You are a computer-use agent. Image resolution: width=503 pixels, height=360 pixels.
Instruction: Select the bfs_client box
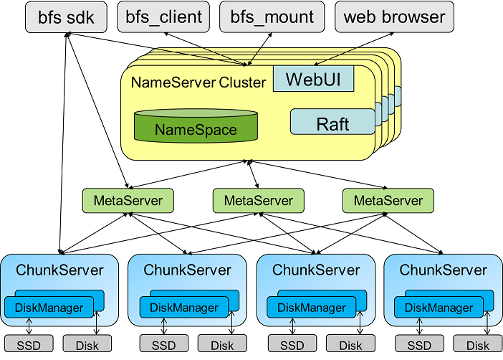(163, 16)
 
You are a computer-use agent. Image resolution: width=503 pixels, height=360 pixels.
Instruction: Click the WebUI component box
(313, 80)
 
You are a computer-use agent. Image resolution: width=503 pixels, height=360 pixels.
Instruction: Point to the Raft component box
(332, 123)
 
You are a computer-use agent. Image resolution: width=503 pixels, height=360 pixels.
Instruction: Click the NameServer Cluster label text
(198, 82)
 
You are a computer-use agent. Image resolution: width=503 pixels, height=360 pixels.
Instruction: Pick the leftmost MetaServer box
(128, 200)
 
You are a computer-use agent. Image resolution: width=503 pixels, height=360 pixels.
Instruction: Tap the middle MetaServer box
(259, 200)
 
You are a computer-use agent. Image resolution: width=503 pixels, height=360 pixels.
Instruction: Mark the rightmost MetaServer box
(388, 200)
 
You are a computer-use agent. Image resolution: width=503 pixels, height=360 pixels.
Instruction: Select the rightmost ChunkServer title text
(443, 270)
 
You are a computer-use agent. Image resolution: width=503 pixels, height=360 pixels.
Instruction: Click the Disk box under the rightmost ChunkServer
(478, 345)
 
